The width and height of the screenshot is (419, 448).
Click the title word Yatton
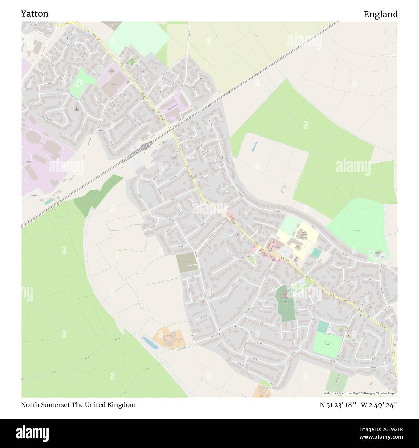[x=34, y=14]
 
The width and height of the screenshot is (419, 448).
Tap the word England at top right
[x=380, y=14]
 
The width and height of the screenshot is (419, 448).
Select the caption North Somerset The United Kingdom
[x=78, y=405]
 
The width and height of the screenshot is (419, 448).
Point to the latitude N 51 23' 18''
[x=338, y=405]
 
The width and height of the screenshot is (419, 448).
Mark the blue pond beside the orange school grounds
[x=150, y=342]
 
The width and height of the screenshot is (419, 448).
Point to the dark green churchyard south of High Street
[x=285, y=303]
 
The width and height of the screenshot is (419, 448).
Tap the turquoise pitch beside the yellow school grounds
[x=316, y=253]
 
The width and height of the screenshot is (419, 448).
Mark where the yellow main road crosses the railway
[x=171, y=128]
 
